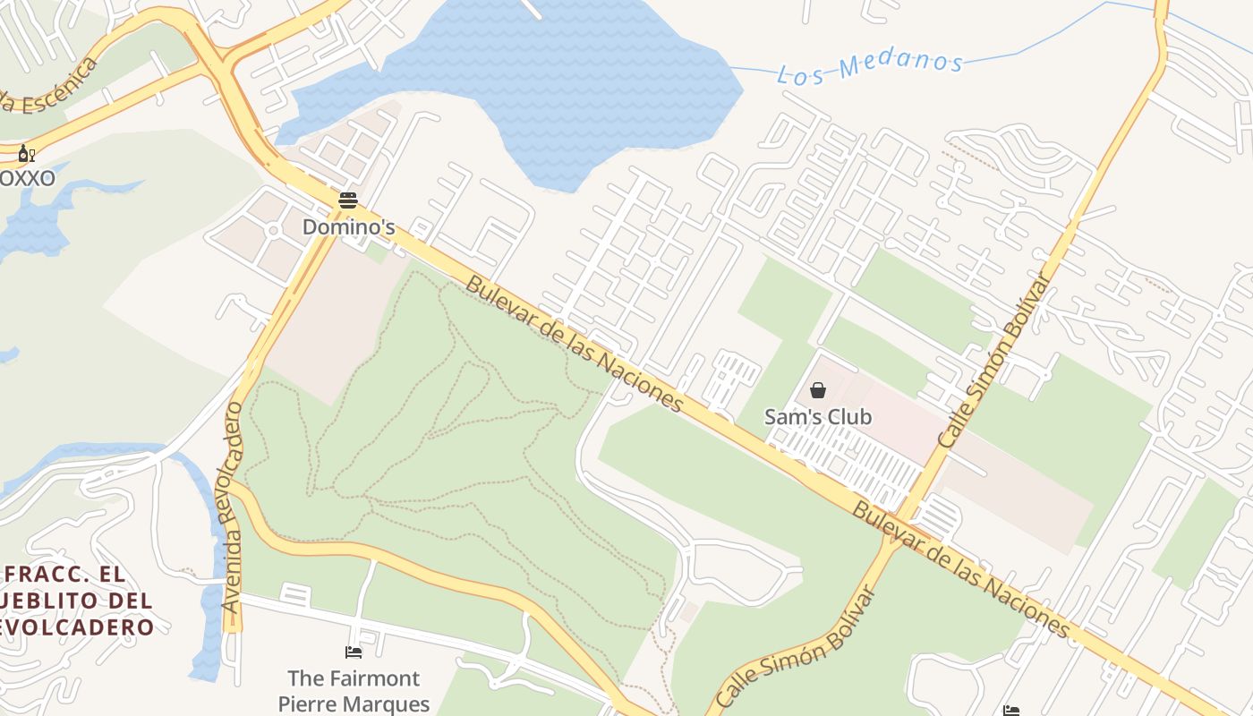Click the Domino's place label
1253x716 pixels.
point(348,227)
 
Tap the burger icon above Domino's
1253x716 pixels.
point(348,200)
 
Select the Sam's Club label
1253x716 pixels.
point(818,417)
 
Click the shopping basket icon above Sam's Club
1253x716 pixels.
point(818,390)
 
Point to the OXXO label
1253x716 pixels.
point(27,178)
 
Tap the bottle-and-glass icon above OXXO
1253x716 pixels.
point(27,154)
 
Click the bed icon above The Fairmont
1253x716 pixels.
point(354,652)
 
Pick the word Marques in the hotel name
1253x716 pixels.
point(385,704)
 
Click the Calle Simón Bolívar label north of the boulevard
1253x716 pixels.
point(993,362)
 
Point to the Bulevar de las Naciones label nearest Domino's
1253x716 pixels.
point(575,345)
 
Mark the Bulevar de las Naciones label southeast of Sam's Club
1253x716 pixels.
point(961,570)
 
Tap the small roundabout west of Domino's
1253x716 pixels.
point(273,231)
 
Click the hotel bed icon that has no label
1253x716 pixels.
point(1010,711)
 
